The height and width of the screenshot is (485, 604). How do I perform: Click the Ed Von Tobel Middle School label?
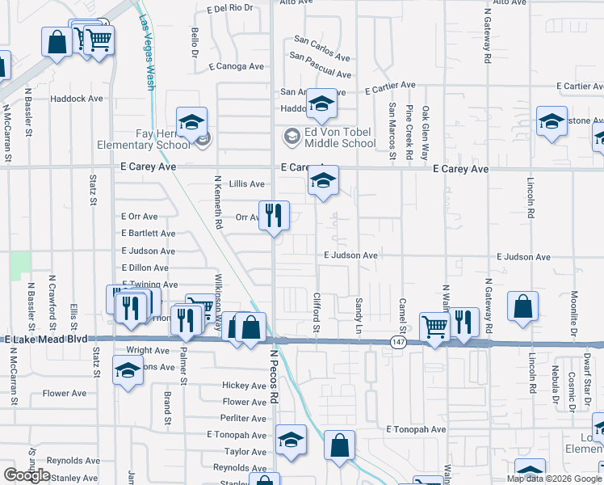point(340,137)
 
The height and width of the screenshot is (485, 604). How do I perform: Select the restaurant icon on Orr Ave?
point(274,215)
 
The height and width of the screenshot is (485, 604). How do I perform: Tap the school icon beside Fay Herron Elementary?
point(192,123)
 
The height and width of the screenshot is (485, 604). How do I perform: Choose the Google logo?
point(27,475)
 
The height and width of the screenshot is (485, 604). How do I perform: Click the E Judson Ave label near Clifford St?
point(351,255)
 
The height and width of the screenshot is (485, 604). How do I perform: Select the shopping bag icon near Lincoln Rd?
point(523,308)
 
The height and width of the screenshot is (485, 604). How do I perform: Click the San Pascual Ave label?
point(321,66)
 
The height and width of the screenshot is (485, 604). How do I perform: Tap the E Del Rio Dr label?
point(230,9)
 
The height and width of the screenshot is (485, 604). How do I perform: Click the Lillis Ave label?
point(247,184)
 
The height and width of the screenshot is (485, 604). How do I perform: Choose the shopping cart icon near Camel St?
point(434,326)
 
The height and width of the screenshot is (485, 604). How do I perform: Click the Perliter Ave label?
point(244,418)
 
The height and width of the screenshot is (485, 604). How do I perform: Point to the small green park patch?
point(22,262)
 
